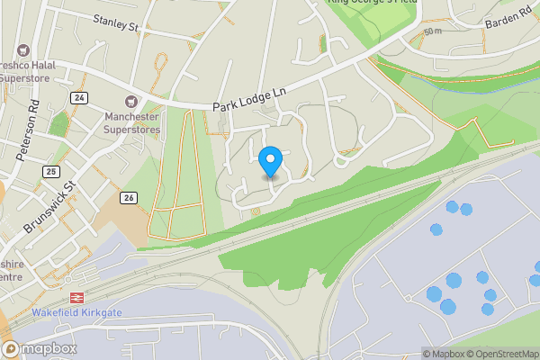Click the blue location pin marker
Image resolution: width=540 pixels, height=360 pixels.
(270, 161)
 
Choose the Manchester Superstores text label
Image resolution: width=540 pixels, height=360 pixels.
(131, 123)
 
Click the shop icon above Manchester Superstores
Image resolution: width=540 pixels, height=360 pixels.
(131, 101)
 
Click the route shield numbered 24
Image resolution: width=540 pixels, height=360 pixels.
(81, 97)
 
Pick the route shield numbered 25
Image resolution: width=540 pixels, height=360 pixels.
(50, 171)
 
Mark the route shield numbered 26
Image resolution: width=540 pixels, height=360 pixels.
(130, 198)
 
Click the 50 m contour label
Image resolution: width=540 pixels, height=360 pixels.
(433, 31)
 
